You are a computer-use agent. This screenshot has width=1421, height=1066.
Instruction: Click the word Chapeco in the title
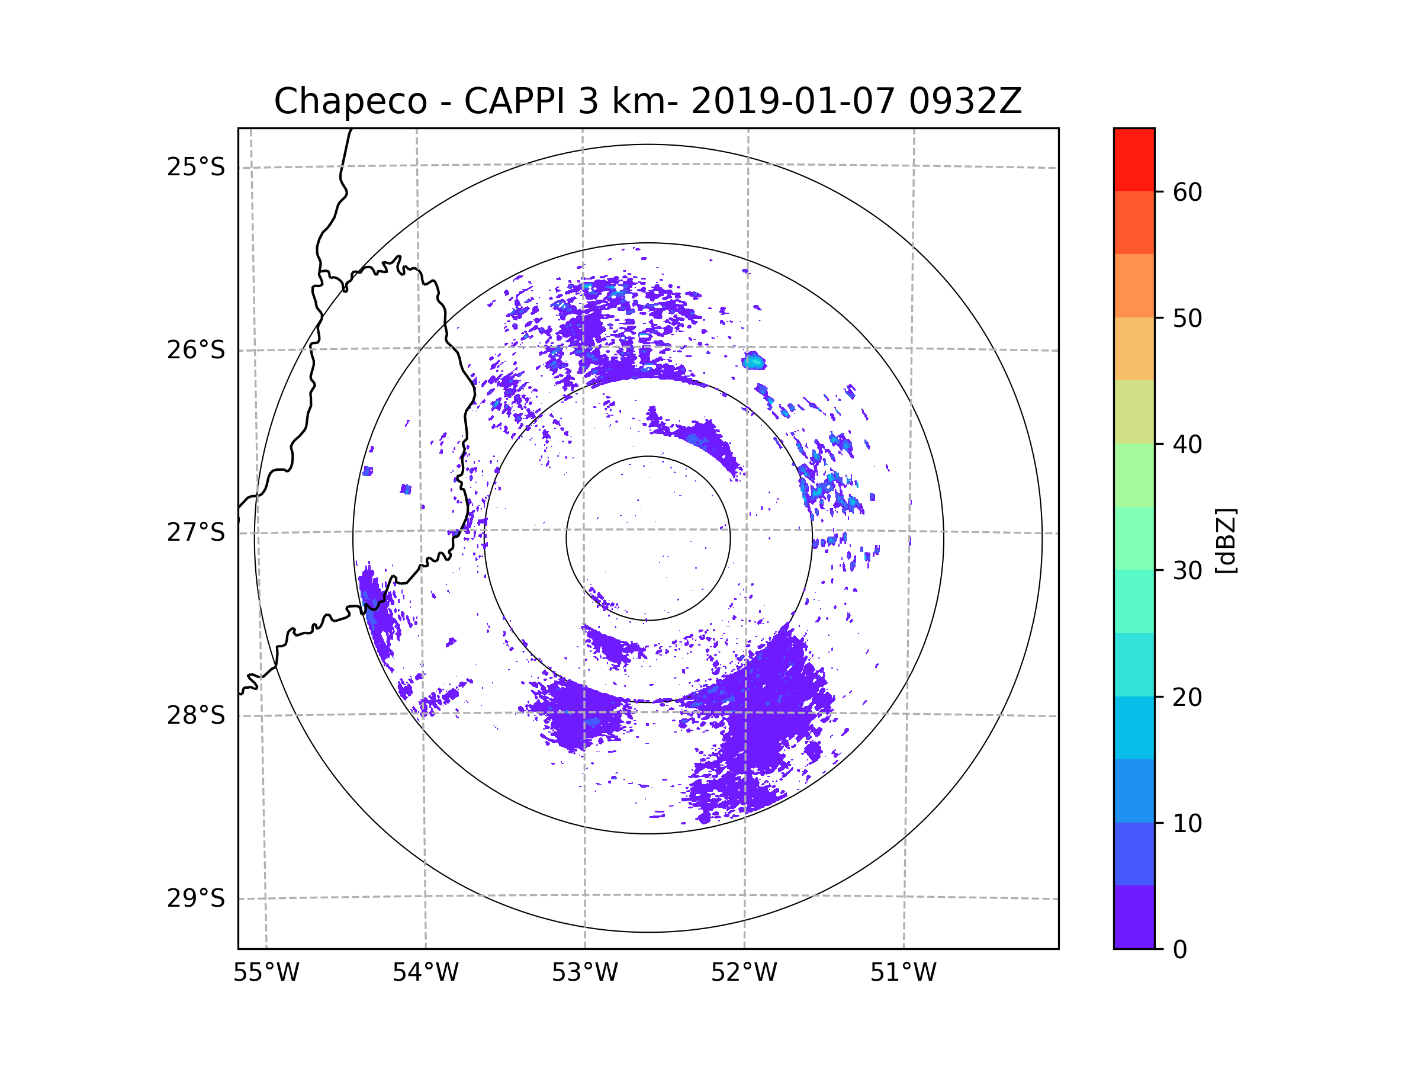[x=350, y=101]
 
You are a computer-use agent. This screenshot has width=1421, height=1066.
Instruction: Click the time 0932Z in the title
[x=965, y=101]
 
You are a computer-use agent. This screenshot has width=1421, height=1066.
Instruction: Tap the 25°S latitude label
[x=196, y=167]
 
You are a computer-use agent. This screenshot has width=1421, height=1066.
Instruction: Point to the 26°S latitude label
[x=196, y=350]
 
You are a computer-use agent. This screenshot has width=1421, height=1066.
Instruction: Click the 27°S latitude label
[x=196, y=532]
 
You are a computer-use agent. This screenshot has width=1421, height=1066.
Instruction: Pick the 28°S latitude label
[x=196, y=715]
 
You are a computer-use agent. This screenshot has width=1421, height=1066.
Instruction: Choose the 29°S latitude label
[x=196, y=898]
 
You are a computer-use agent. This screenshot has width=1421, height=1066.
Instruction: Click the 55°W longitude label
[x=266, y=973]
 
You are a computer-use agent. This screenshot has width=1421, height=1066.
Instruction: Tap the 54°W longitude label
[x=425, y=973]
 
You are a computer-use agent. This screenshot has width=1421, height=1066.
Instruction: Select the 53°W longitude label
[x=584, y=973]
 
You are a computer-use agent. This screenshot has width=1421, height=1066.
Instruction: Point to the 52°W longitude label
[x=744, y=973]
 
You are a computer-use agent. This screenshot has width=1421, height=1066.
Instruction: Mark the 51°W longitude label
[x=903, y=973]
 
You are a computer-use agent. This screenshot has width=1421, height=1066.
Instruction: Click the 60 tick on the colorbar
[x=1187, y=192]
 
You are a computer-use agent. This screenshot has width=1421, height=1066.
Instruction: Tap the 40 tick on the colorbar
[x=1187, y=444]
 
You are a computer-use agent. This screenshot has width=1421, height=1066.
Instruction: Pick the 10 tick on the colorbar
[x=1187, y=823]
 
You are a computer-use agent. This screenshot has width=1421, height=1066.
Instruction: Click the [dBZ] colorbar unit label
[x=1226, y=540]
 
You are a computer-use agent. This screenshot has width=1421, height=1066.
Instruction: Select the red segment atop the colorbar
[x=1134, y=159]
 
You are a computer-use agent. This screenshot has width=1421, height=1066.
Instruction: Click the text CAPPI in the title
[x=514, y=101]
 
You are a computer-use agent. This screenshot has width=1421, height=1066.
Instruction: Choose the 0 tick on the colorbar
[x=1180, y=950]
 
